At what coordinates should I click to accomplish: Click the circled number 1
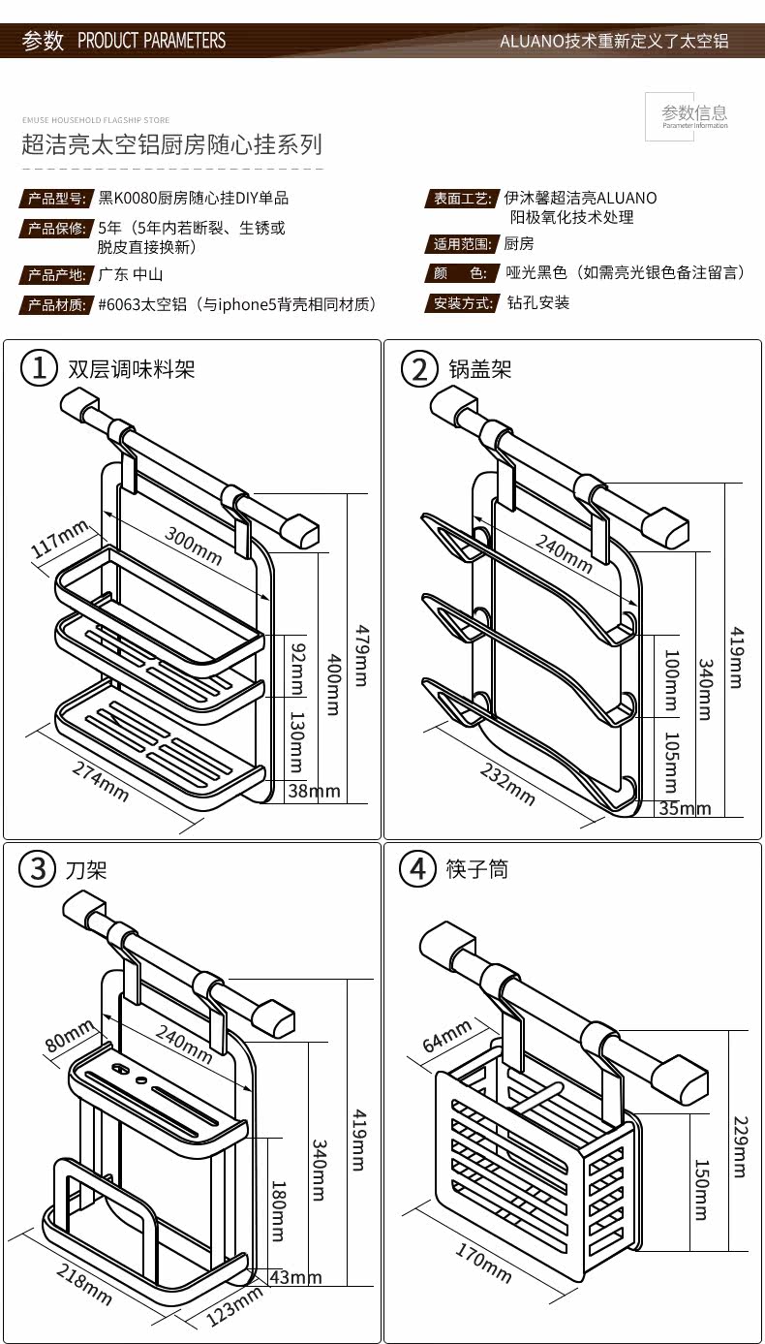[x=39, y=369]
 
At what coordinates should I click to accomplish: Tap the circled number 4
[x=418, y=869]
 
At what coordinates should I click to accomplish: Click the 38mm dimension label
[x=314, y=792]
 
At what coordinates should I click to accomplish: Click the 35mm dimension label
[x=684, y=808]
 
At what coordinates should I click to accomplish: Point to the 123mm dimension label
[x=234, y=1307]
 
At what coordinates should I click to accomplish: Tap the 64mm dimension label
[x=447, y=1037]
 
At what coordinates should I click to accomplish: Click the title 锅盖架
[x=479, y=369]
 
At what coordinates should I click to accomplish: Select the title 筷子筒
[x=478, y=869]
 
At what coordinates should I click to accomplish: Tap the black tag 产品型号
[x=57, y=199]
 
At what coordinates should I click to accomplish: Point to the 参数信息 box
[x=694, y=115]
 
